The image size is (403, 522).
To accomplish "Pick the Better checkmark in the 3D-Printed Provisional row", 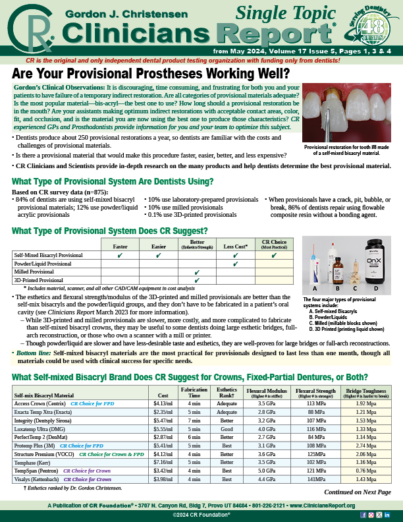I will [197, 279].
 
